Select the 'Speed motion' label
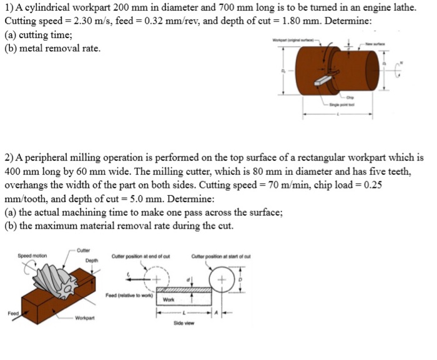pyautogui.click(x=32, y=256)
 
